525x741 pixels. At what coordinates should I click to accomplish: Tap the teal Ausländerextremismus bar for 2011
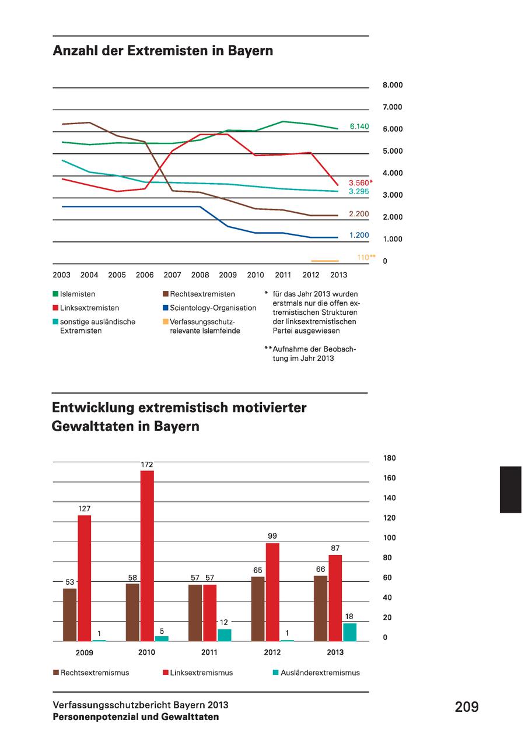coord(224,635)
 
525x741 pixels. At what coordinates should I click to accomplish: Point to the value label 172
coord(147,464)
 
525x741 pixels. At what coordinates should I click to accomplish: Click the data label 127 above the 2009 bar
coord(85,508)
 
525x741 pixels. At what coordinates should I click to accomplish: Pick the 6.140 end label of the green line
coord(359,126)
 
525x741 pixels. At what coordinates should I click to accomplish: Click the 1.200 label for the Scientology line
coord(359,235)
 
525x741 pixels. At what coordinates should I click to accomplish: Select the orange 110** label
coord(366,257)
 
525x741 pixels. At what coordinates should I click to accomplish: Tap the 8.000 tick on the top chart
coord(393,85)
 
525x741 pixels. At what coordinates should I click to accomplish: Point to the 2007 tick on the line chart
coord(172,275)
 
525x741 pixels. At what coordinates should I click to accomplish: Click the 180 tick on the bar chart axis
coord(389,458)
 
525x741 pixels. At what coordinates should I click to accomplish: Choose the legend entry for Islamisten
coord(78,294)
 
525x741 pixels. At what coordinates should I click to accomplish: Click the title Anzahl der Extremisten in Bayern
coord(163,51)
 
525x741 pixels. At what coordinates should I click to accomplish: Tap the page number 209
coord(467,707)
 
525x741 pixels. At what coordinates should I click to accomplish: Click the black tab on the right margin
coord(510,490)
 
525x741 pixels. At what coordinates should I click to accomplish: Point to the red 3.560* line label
coord(361,182)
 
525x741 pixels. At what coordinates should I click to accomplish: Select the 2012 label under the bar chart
coord(272,652)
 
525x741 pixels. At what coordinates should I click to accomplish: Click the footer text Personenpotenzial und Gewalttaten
coord(136,717)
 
